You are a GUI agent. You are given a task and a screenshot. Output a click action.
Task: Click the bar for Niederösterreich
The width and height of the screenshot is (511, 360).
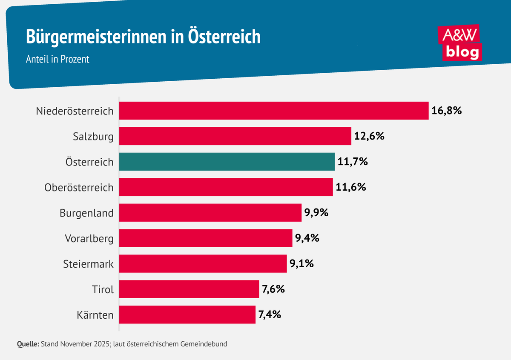(x=273, y=111)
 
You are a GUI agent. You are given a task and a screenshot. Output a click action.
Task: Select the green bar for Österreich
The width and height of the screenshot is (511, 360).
(x=227, y=162)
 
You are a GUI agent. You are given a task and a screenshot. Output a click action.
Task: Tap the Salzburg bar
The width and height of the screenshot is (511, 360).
(x=235, y=136)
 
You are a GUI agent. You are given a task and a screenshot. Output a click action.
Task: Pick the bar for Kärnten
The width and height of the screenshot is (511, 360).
(x=187, y=315)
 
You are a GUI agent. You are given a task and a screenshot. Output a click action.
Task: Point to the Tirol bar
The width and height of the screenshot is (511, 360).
(x=189, y=289)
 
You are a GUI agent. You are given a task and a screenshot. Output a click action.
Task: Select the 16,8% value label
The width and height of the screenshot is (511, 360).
(x=446, y=111)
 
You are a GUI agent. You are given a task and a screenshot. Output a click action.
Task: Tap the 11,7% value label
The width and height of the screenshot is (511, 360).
(x=353, y=162)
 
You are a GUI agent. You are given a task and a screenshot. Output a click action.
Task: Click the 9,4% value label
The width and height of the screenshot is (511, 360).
(x=307, y=238)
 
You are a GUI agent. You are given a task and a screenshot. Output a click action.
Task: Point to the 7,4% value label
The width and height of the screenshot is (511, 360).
(x=270, y=315)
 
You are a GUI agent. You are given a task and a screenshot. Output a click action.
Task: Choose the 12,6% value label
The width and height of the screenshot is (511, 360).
(x=369, y=137)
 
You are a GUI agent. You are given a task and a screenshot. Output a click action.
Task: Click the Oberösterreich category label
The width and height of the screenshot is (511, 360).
(x=79, y=188)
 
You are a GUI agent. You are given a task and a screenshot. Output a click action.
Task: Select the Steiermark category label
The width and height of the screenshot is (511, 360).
(x=88, y=264)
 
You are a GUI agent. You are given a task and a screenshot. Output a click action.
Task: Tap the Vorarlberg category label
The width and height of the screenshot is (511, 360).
(x=89, y=238)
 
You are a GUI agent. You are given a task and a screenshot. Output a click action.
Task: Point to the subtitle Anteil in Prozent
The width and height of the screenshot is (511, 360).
(x=57, y=59)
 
